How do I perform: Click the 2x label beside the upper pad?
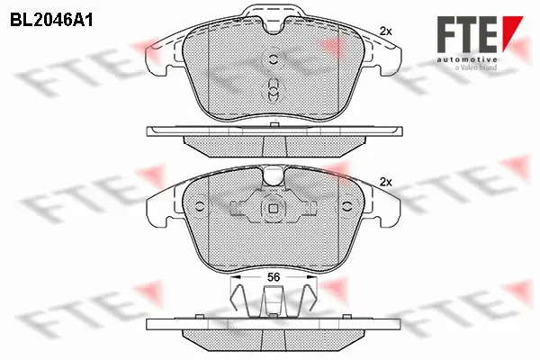coord(386,31)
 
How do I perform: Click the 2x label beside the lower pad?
coord(386,182)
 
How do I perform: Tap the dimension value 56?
coord(274,277)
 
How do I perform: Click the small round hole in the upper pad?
coord(274,60)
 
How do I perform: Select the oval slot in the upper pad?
coord(274,90)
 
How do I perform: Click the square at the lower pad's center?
coord(274,209)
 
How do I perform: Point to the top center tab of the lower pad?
coord(274,176)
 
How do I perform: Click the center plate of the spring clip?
coord(274,302)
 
